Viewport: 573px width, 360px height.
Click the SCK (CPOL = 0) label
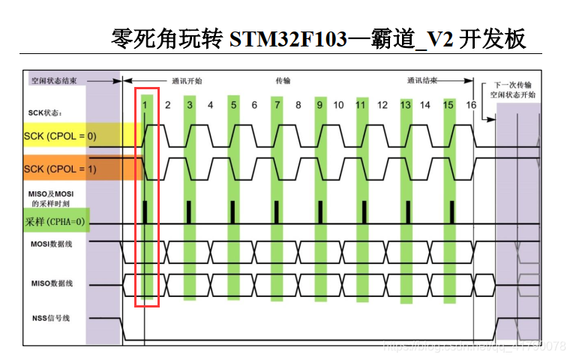[60, 136]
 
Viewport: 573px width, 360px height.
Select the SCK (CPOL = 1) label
[60, 169]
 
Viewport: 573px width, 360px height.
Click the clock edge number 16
[470, 105]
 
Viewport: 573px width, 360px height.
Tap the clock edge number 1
[145, 105]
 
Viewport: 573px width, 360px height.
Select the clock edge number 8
[298, 105]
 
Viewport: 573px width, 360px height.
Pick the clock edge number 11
[361, 105]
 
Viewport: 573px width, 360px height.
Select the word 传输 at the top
[283, 80]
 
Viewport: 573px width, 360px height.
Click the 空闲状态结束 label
[54, 79]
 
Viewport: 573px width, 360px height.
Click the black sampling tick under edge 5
[232, 211]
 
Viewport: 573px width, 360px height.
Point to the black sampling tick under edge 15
[449, 211]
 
